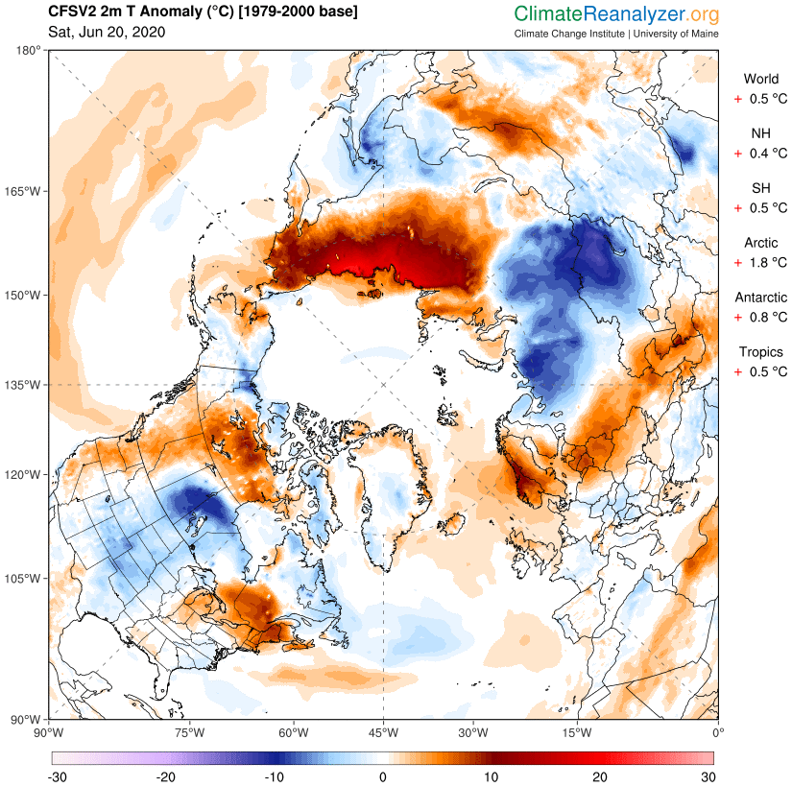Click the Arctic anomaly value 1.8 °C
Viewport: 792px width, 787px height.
pyautogui.click(x=767, y=262)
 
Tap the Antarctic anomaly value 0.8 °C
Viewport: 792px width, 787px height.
pyautogui.click(x=767, y=317)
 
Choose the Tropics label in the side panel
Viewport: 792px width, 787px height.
pyautogui.click(x=761, y=352)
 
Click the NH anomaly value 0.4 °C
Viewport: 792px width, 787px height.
pyautogui.click(x=767, y=153)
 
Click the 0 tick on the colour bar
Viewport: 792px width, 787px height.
pyautogui.click(x=383, y=775)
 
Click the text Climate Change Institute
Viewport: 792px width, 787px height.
pyautogui.click(x=568, y=34)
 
